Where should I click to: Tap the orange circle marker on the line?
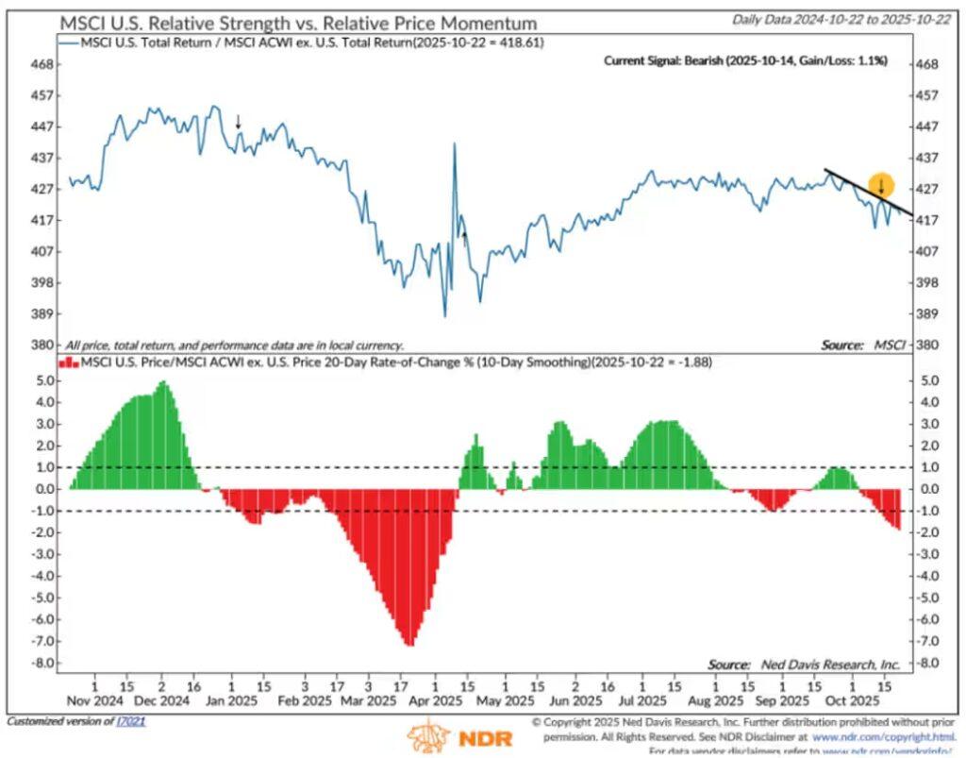[881, 185]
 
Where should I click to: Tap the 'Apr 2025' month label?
[435, 701]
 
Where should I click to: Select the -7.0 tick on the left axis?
[42, 642]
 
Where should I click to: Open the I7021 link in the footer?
[131, 722]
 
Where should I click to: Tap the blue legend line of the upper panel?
[70, 43]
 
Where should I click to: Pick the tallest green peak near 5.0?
[163, 382]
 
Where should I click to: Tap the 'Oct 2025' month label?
[853, 701]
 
